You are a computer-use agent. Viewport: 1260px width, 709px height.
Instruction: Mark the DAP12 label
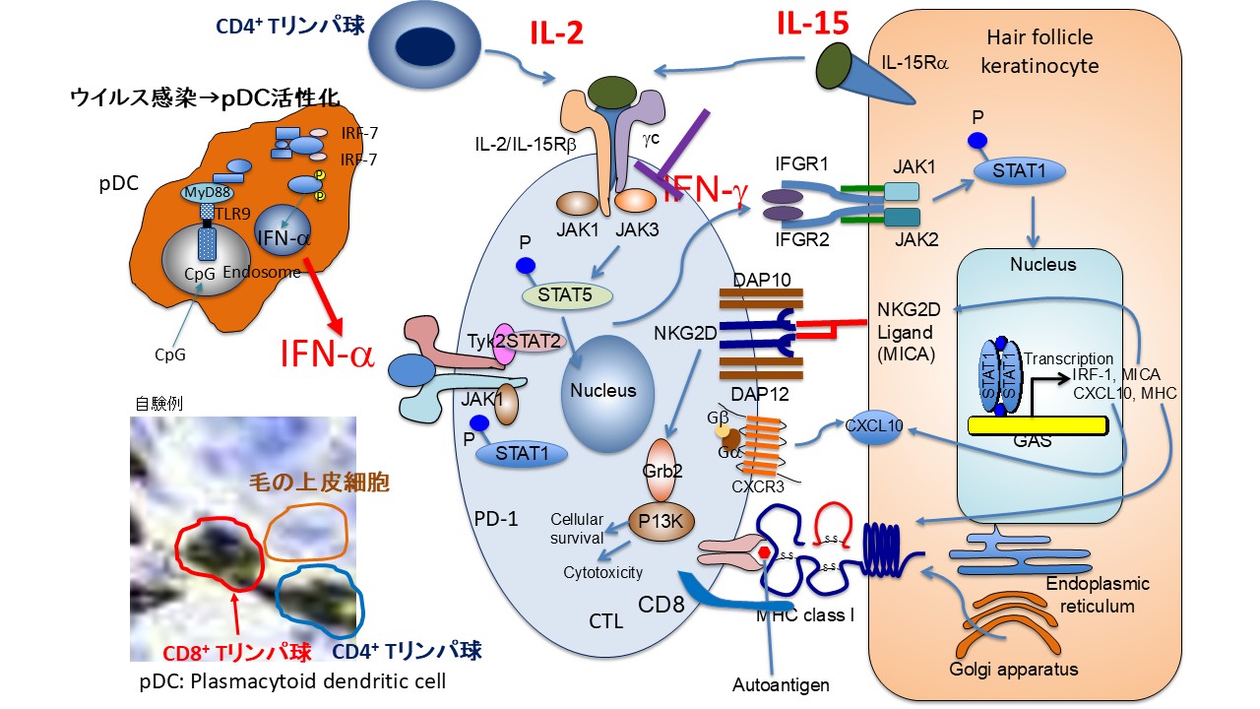coord(756,394)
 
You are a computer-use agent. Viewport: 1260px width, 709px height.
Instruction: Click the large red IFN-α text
coord(327,353)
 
